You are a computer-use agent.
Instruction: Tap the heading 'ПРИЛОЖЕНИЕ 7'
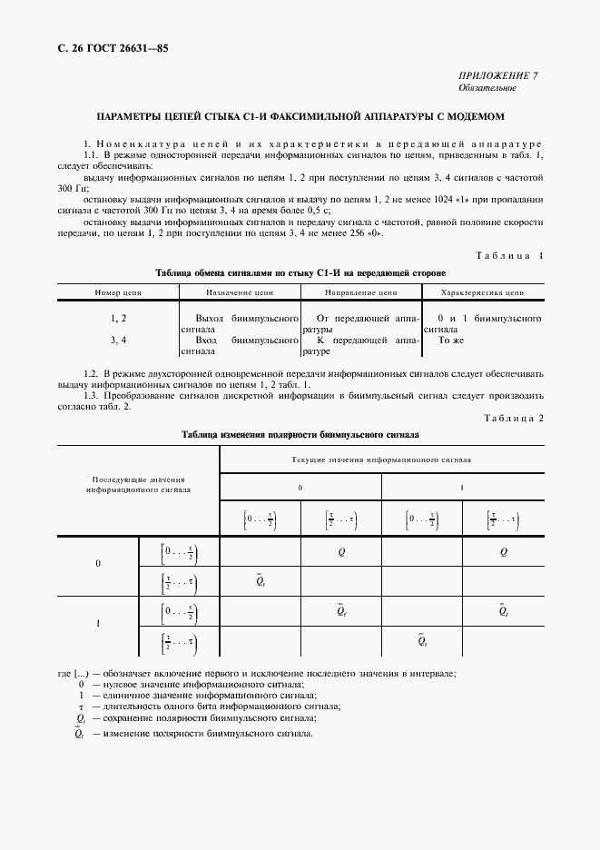[x=497, y=76]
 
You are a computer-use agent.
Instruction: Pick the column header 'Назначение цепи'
[x=240, y=293]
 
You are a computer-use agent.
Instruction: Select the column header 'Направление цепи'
[x=360, y=293]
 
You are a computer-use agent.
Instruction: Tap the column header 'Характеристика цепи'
[x=482, y=293]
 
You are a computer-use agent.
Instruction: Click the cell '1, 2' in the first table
[x=118, y=319]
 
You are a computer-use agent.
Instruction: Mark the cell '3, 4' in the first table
[x=118, y=339]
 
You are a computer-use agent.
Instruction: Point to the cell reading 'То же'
[x=451, y=339]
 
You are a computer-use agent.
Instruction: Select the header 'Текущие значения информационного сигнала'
[x=380, y=460]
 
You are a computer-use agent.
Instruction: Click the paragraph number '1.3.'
[x=92, y=395]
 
